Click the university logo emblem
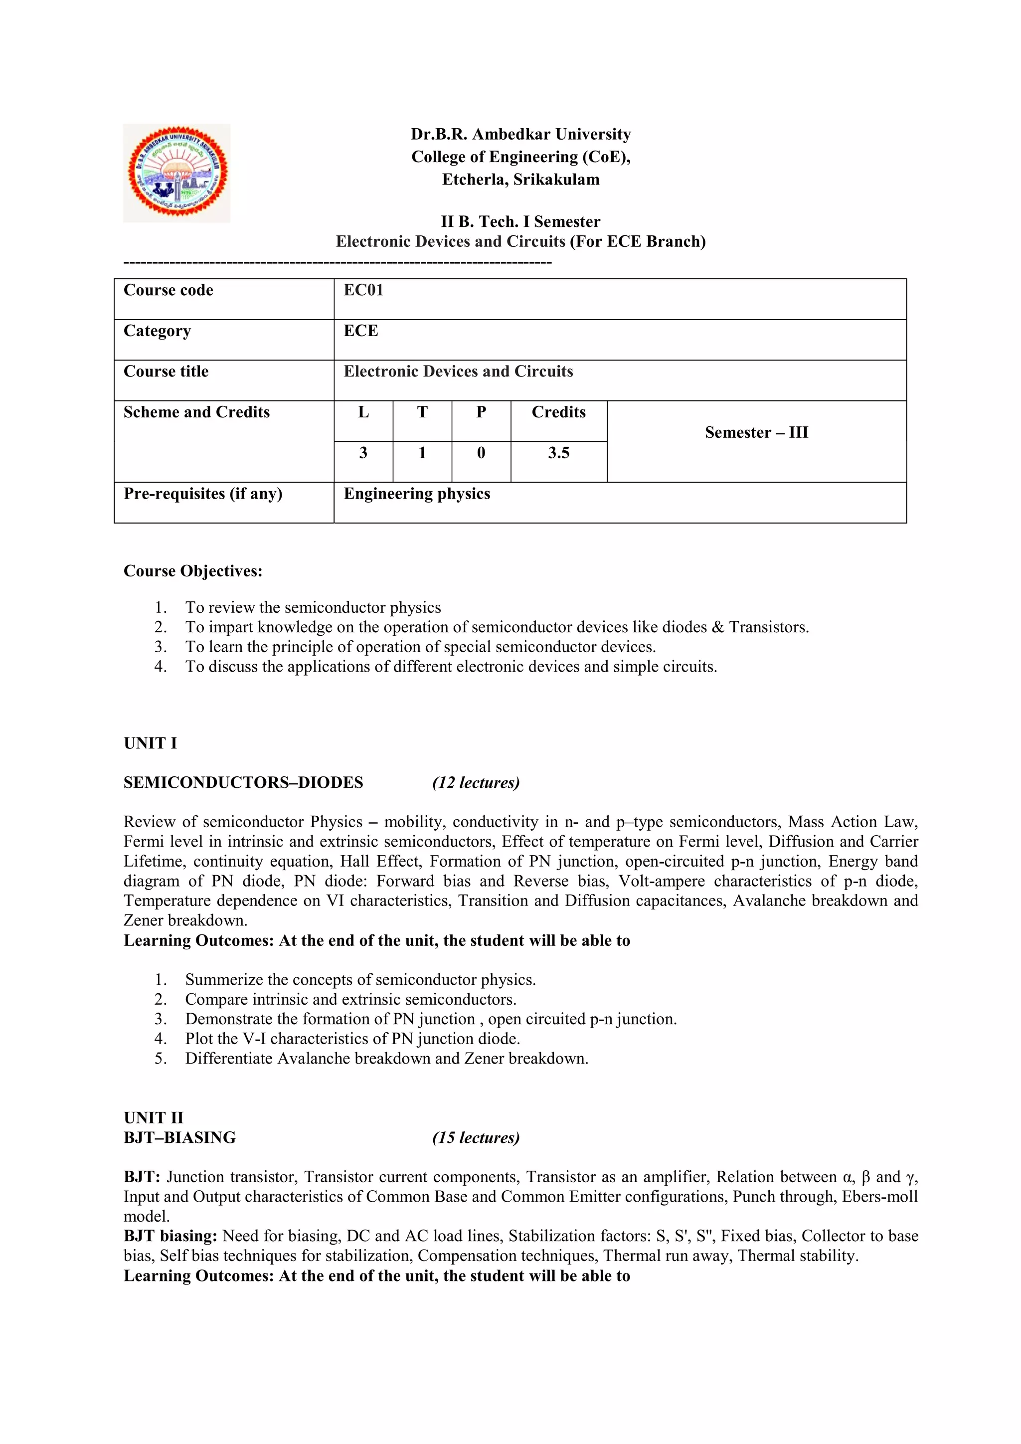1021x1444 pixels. (x=176, y=173)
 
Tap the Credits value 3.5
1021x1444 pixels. (x=558, y=453)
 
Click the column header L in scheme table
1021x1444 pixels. (x=363, y=412)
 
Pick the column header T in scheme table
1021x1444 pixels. (x=422, y=412)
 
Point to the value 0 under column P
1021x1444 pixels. (x=481, y=453)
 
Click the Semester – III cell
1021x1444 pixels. (x=756, y=433)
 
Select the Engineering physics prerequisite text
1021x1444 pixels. (x=416, y=494)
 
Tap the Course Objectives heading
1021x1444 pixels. (x=192, y=571)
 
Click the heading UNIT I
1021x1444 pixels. (x=150, y=743)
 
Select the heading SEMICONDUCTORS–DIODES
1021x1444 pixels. (x=243, y=782)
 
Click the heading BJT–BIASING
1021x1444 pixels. (x=180, y=1138)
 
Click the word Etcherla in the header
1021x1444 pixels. (x=474, y=180)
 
